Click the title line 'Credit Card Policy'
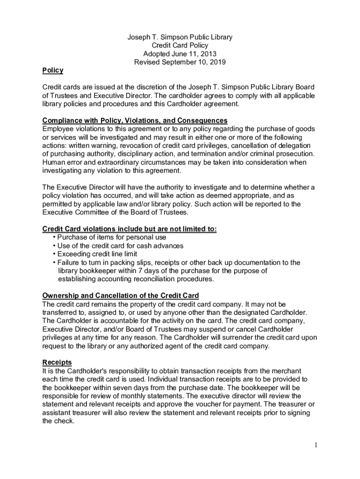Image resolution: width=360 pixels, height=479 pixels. [180, 45]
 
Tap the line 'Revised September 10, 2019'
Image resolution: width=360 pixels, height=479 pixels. [180, 62]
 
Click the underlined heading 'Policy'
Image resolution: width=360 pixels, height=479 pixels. [52, 71]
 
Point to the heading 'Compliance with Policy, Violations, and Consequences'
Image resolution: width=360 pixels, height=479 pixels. [135, 120]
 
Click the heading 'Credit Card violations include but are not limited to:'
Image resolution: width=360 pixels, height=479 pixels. [130, 229]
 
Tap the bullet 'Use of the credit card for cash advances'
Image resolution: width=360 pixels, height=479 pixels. [120, 246]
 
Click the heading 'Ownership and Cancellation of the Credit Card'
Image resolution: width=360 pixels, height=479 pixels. [121, 296]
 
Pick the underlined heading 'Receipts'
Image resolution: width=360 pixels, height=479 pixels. [57, 362]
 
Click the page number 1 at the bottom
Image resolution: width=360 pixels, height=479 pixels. [316, 445]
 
